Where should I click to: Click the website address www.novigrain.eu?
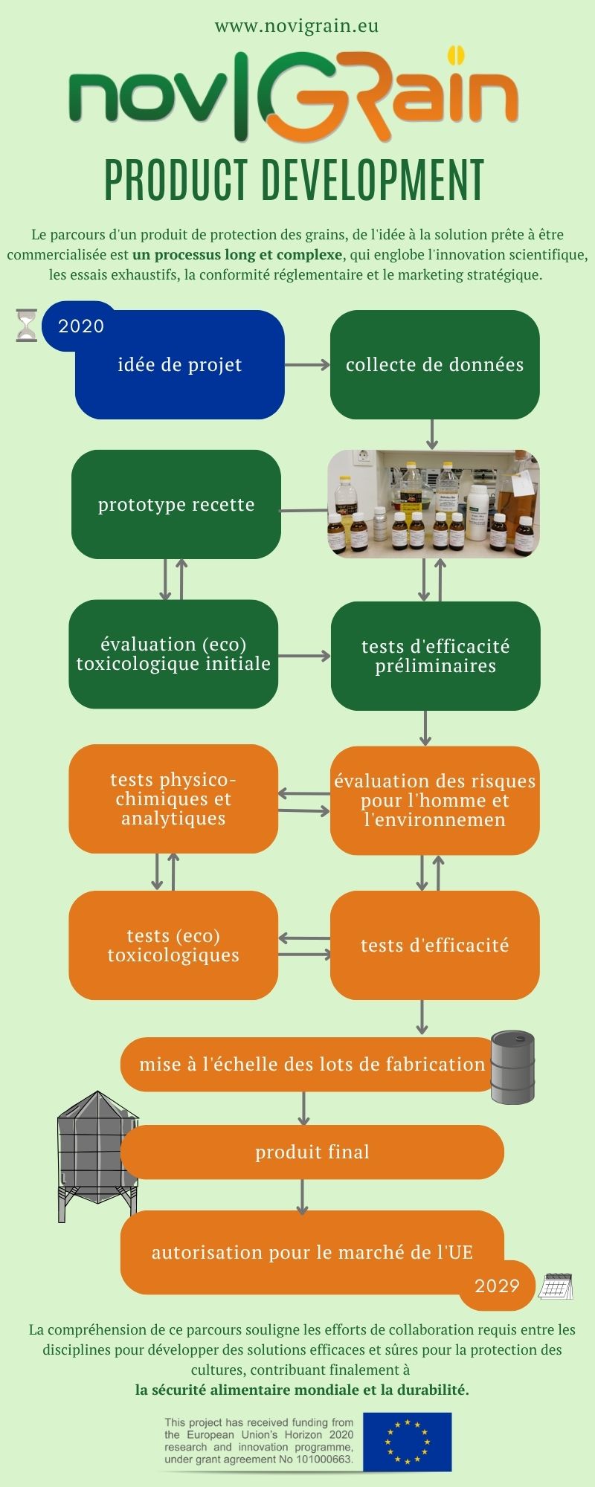(x=297, y=27)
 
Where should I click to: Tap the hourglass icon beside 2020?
(x=26, y=326)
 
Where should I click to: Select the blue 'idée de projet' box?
(x=179, y=364)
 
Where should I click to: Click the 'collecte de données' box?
(x=435, y=364)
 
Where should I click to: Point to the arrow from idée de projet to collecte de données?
(x=307, y=364)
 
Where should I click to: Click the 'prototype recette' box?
(x=176, y=504)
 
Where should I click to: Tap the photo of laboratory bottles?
(x=434, y=503)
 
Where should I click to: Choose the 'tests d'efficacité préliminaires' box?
(x=436, y=656)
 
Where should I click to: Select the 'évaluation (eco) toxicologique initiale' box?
(x=173, y=654)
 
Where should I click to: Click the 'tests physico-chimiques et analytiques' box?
(x=173, y=799)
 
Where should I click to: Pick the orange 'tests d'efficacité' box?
(x=435, y=945)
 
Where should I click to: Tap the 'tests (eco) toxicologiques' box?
(x=173, y=945)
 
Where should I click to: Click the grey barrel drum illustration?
(x=512, y=1067)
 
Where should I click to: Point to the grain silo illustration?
(x=97, y=1156)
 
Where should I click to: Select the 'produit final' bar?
(x=312, y=1152)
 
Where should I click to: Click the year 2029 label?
(x=497, y=1286)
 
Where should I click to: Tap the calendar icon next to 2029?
(x=555, y=1286)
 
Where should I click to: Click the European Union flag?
(x=407, y=1442)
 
